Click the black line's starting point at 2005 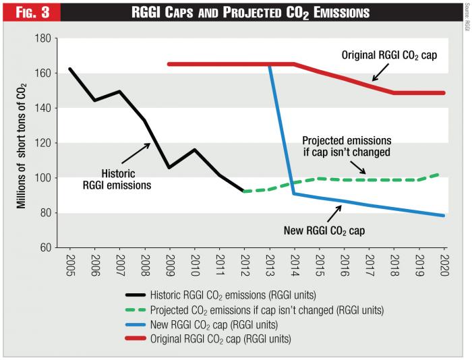pyautogui.click(x=70, y=69)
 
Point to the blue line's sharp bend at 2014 pyautogui.click(x=294, y=193)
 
